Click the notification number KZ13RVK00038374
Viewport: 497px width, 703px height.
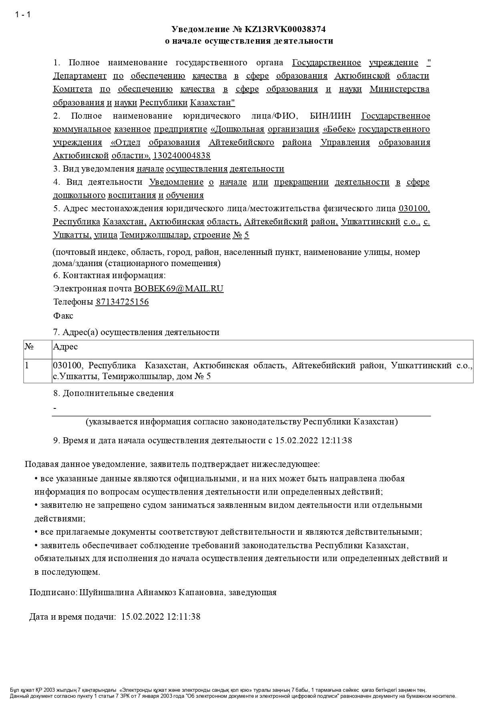click(x=288, y=29)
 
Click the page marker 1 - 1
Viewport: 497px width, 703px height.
click(x=23, y=15)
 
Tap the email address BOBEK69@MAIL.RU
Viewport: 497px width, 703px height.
click(x=179, y=289)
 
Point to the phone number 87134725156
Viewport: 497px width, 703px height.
click(x=122, y=302)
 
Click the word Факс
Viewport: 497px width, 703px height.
click(x=63, y=316)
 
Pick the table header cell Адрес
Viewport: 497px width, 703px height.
click(x=66, y=347)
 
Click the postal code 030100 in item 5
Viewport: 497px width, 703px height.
click(x=414, y=208)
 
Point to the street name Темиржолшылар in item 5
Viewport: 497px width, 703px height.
click(x=155, y=235)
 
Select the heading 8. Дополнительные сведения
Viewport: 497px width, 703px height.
click(x=113, y=393)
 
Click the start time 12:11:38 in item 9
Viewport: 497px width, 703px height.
click(x=336, y=440)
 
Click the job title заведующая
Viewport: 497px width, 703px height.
click(x=252, y=592)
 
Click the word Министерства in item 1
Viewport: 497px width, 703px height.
click(x=399, y=89)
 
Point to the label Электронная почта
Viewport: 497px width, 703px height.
click(x=93, y=289)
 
